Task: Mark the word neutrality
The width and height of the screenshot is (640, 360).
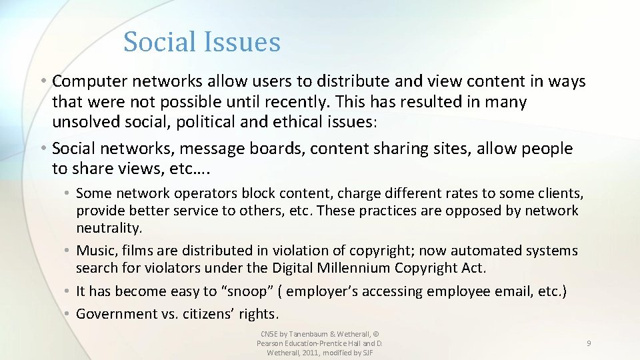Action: point(109,228)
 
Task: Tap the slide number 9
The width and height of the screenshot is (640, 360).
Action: point(589,343)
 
